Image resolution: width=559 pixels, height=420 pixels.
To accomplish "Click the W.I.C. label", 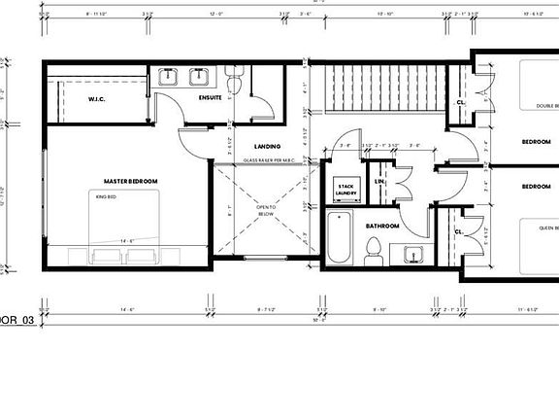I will (97, 98).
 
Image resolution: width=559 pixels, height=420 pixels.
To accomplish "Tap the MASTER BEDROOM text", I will (131, 181).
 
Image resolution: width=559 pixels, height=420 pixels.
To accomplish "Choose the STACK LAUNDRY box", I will (346, 190).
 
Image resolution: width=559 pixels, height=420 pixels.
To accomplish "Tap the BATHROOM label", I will (383, 225).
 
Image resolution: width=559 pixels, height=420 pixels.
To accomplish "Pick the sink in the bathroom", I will (413, 256).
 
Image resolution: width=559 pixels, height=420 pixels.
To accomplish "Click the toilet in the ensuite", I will (233, 75).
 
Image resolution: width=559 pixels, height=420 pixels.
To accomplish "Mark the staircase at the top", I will (382, 88).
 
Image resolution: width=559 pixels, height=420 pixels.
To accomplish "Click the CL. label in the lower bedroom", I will (458, 231).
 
